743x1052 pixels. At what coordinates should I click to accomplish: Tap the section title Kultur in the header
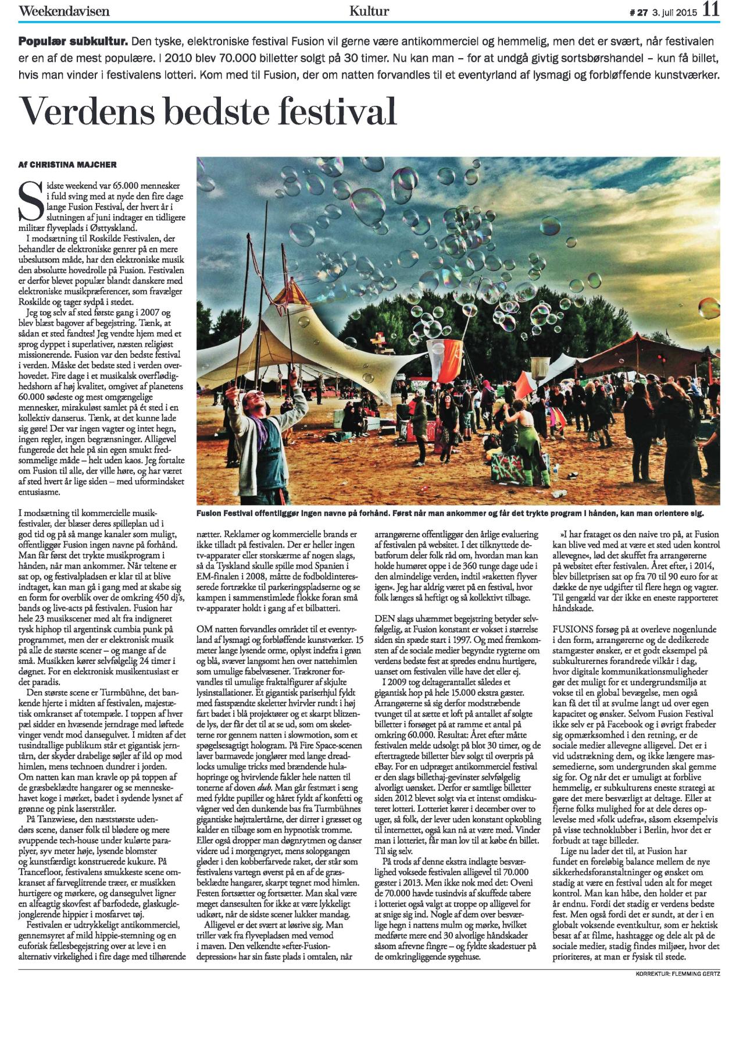point(369,11)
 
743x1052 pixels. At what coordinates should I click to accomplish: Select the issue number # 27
point(636,12)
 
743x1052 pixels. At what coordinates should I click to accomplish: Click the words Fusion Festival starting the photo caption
point(230,514)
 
